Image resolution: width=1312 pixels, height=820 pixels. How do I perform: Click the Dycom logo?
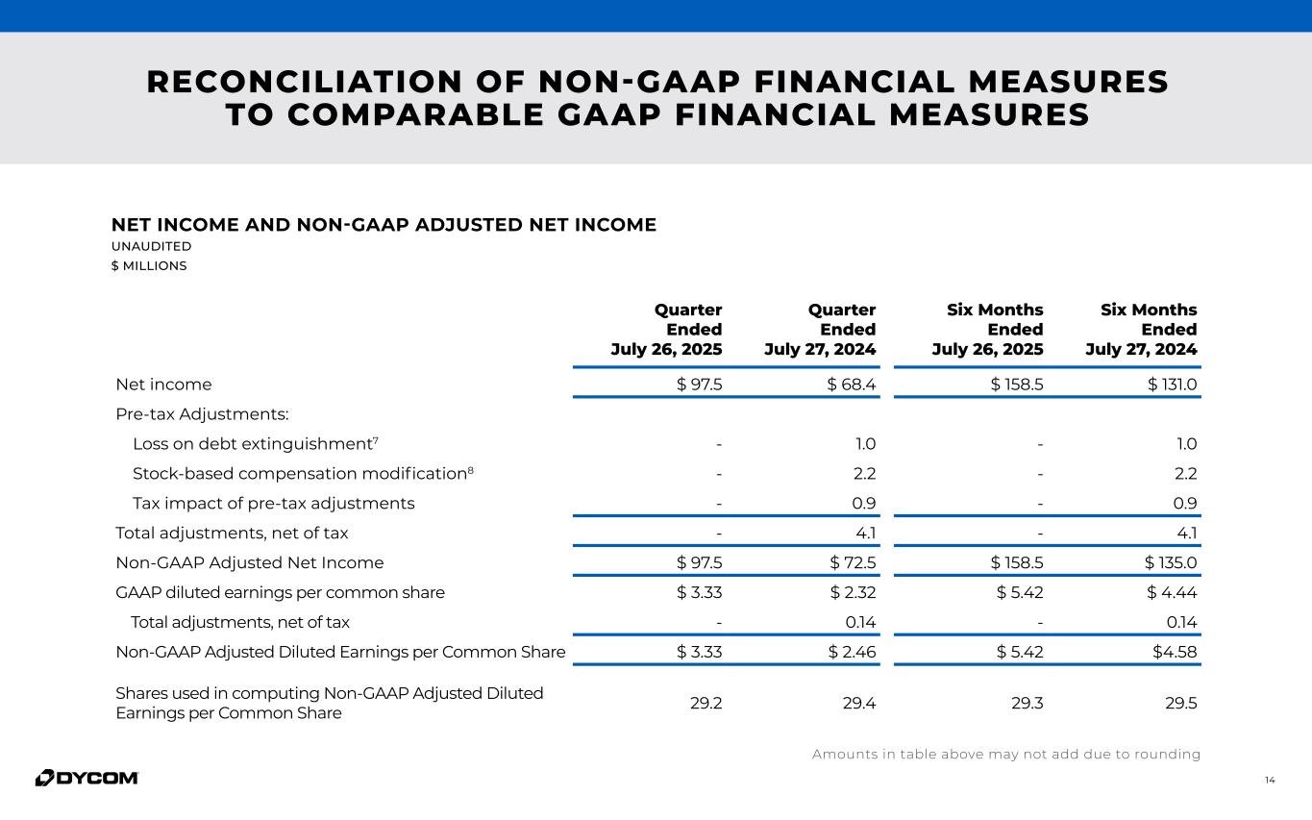pos(87,778)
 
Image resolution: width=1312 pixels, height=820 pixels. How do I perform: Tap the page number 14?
pos(1270,780)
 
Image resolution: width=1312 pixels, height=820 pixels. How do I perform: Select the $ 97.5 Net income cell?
pos(700,385)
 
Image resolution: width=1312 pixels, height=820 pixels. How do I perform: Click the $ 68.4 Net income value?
pos(852,385)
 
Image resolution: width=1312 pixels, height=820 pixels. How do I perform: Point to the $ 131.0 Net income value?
pos(1173,385)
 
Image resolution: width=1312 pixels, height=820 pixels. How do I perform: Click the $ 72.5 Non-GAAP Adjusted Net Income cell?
pos(852,562)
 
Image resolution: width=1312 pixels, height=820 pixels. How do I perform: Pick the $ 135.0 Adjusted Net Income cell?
pos(1173,562)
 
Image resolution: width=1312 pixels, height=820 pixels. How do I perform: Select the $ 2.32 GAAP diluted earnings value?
pos(852,592)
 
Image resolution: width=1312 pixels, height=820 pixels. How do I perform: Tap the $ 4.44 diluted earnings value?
pos(1173,592)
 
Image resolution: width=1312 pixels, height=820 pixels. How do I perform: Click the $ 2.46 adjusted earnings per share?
pos(852,652)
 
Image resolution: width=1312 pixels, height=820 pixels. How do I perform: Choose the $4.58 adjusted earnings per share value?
pos(1175,652)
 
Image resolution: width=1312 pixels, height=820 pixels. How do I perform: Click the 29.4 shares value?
pos(858,703)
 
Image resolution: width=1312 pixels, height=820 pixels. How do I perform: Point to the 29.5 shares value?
pos(1179,703)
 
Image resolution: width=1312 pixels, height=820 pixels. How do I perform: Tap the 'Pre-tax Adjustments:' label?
pos(202,414)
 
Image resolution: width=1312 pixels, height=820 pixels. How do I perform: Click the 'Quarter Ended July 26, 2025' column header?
pos(667,330)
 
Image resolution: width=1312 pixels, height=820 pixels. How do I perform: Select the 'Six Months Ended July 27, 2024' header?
pos(1142,330)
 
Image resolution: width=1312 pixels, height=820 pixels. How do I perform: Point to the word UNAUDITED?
pos(151,247)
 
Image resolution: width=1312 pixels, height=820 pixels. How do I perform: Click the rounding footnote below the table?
pos(1006,755)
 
